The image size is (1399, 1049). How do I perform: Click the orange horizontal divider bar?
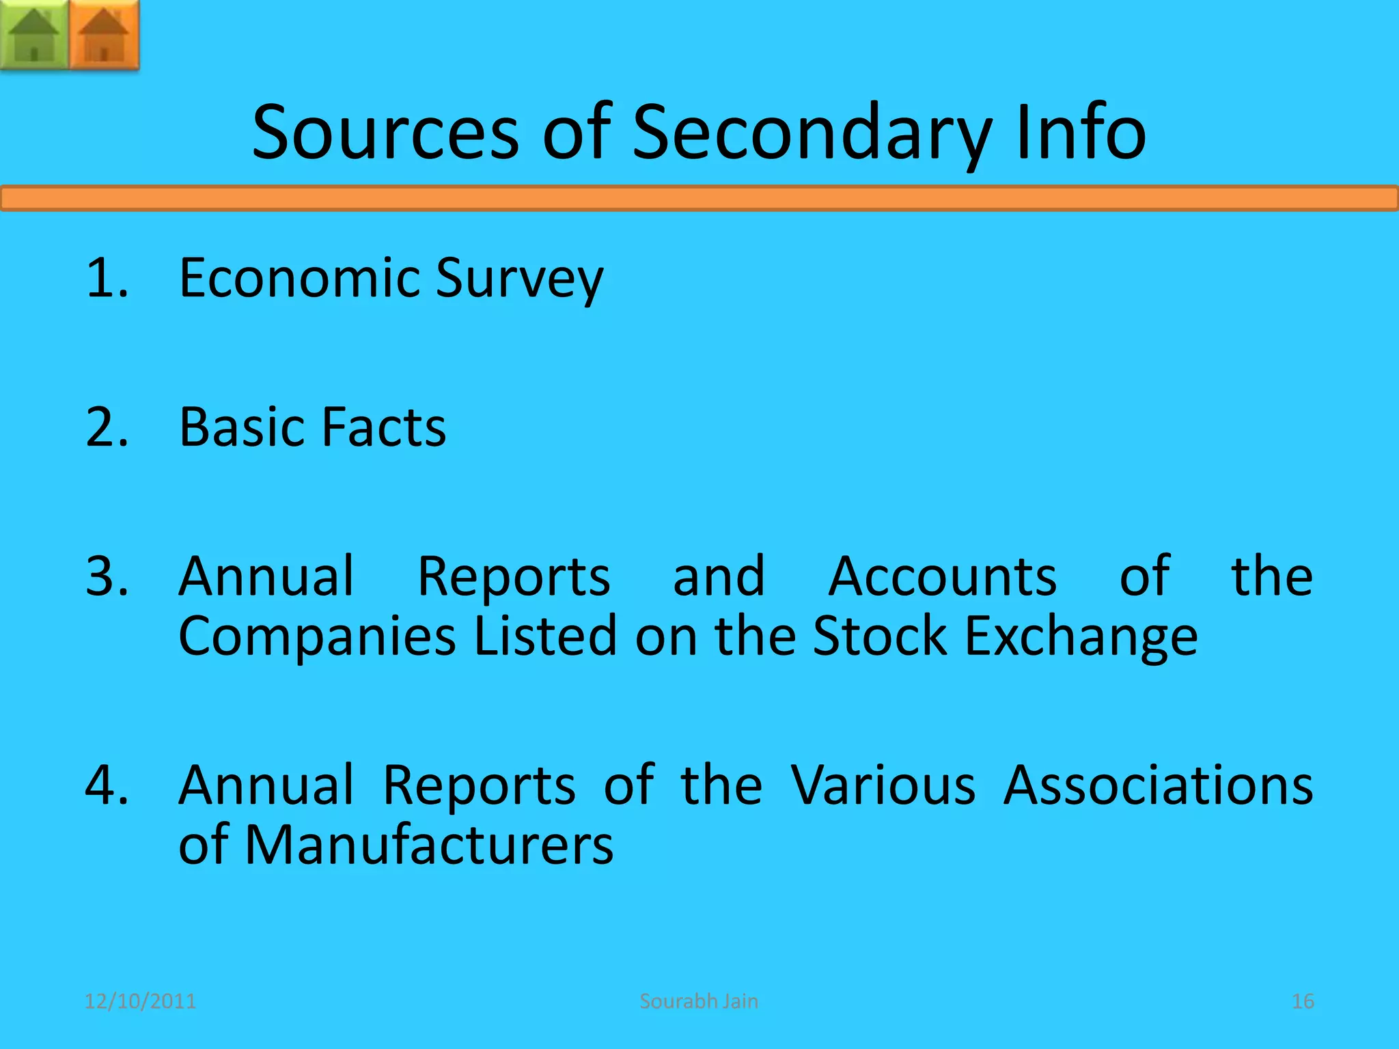(x=699, y=199)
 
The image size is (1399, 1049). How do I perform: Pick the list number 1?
(x=107, y=278)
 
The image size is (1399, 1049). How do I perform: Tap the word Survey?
(x=520, y=279)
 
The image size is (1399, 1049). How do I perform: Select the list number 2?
(x=107, y=427)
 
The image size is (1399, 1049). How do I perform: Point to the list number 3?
(x=107, y=576)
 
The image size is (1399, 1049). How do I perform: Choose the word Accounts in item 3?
(x=943, y=576)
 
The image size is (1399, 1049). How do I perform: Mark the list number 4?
(x=107, y=785)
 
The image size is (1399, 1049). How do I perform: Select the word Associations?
(x=1158, y=785)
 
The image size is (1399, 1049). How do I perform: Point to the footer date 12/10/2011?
(x=140, y=1001)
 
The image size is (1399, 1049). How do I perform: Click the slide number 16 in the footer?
(x=1303, y=1001)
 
